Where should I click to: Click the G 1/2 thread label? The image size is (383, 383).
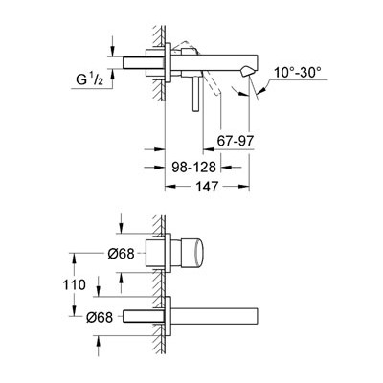tap(90, 79)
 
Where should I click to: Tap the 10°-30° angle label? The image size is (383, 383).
tap(298, 73)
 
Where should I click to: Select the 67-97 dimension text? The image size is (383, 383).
tap(236, 141)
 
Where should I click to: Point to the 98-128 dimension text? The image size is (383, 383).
tap(194, 167)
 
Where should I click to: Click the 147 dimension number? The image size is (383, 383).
tap(207, 187)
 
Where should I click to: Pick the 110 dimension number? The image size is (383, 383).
tap(74, 284)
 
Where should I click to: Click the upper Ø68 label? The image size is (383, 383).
tap(121, 254)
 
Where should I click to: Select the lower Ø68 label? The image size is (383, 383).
tap(100, 317)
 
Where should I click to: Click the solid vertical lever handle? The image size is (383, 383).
tap(196, 95)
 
